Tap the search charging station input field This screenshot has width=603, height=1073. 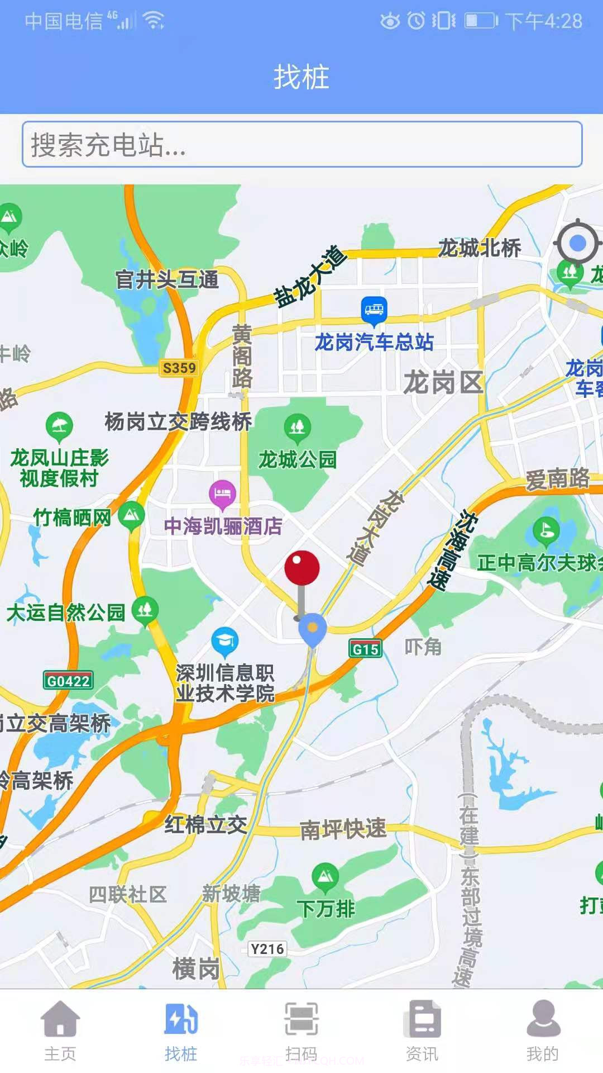pyautogui.click(x=301, y=144)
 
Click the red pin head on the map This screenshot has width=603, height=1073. pyautogui.click(x=301, y=568)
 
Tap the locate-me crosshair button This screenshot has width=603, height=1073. pyautogui.click(x=577, y=243)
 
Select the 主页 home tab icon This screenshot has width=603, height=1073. pyautogui.click(x=60, y=1018)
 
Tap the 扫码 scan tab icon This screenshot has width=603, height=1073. pyautogui.click(x=301, y=1018)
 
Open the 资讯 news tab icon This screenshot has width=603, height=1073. pyautogui.click(x=422, y=1018)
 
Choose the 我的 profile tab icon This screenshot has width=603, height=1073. pyautogui.click(x=543, y=1018)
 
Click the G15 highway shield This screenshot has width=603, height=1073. pyautogui.click(x=366, y=649)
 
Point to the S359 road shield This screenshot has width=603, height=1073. pyautogui.click(x=179, y=368)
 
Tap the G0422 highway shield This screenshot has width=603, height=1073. pyautogui.click(x=68, y=681)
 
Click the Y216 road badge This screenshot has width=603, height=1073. pyautogui.click(x=267, y=949)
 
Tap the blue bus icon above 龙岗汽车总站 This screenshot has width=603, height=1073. pyautogui.click(x=374, y=309)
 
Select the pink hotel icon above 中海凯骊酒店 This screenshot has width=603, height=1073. pyautogui.click(x=222, y=493)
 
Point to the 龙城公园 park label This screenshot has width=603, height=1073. pyautogui.click(x=297, y=459)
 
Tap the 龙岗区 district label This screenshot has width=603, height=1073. pyautogui.click(x=443, y=383)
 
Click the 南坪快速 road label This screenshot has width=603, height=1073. pyautogui.click(x=343, y=829)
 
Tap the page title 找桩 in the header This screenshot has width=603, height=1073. pyautogui.click(x=301, y=77)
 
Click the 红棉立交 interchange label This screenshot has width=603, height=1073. pyautogui.click(x=205, y=824)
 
